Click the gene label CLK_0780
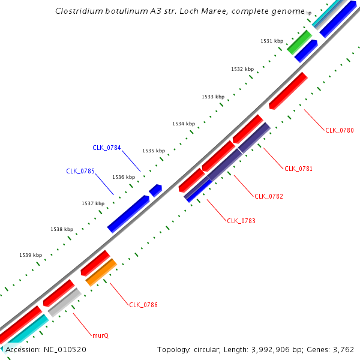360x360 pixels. (x=340, y=130)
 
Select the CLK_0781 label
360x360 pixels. (x=299, y=169)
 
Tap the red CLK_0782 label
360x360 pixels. (x=269, y=196)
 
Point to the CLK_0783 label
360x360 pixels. (x=241, y=221)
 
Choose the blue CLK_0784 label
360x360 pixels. (x=106, y=148)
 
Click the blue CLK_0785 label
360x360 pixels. (x=80, y=171)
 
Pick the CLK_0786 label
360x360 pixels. (x=143, y=305)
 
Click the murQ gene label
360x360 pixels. (x=100, y=335)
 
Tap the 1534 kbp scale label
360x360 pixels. (x=184, y=124)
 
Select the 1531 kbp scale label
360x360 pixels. (x=271, y=41)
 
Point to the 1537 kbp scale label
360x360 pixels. (x=93, y=203)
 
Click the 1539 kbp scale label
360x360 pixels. (x=31, y=255)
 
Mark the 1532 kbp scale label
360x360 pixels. (x=242, y=69)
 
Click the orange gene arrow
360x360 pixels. (x=101, y=272)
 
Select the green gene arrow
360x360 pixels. (x=299, y=42)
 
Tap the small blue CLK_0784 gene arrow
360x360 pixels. (x=155, y=190)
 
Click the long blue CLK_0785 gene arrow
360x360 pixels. (x=128, y=214)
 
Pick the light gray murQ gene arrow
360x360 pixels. (x=64, y=302)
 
